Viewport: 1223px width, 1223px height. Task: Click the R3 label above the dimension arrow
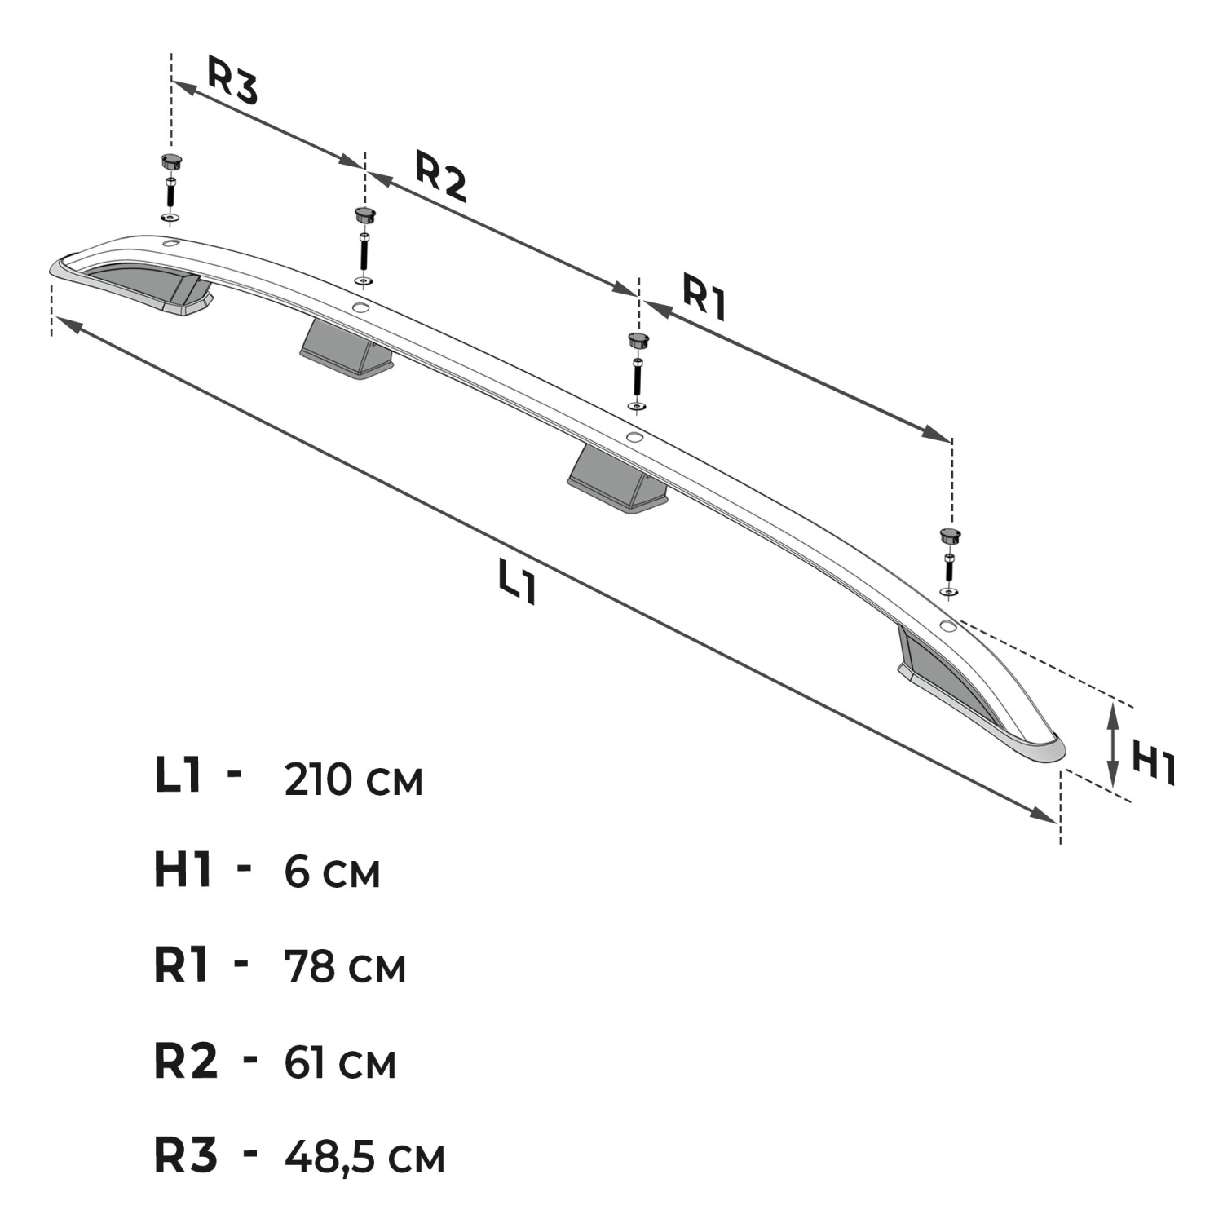click(232, 80)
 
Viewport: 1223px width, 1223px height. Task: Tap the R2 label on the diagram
click(441, 176)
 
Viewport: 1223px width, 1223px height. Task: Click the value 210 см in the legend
click(354, 780)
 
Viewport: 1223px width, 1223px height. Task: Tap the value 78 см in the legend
click(345, 967)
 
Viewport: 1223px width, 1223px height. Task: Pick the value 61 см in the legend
click(340, 1062)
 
